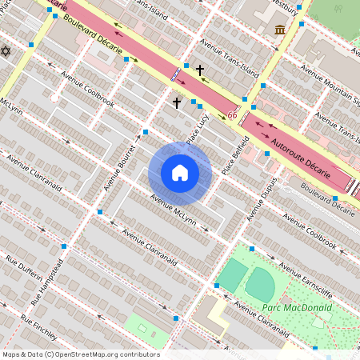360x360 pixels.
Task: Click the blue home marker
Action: (x=180, y=173)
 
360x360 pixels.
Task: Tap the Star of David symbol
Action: (x=6, y=51)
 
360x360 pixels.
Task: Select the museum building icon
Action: (x=280, y=30)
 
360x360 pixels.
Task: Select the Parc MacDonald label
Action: (x=285, y=308)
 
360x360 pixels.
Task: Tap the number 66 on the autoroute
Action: (x=232, y=116)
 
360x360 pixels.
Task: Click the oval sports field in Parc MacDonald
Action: (x=260, y=285)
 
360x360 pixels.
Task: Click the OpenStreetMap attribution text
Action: (x=80, y=354)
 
